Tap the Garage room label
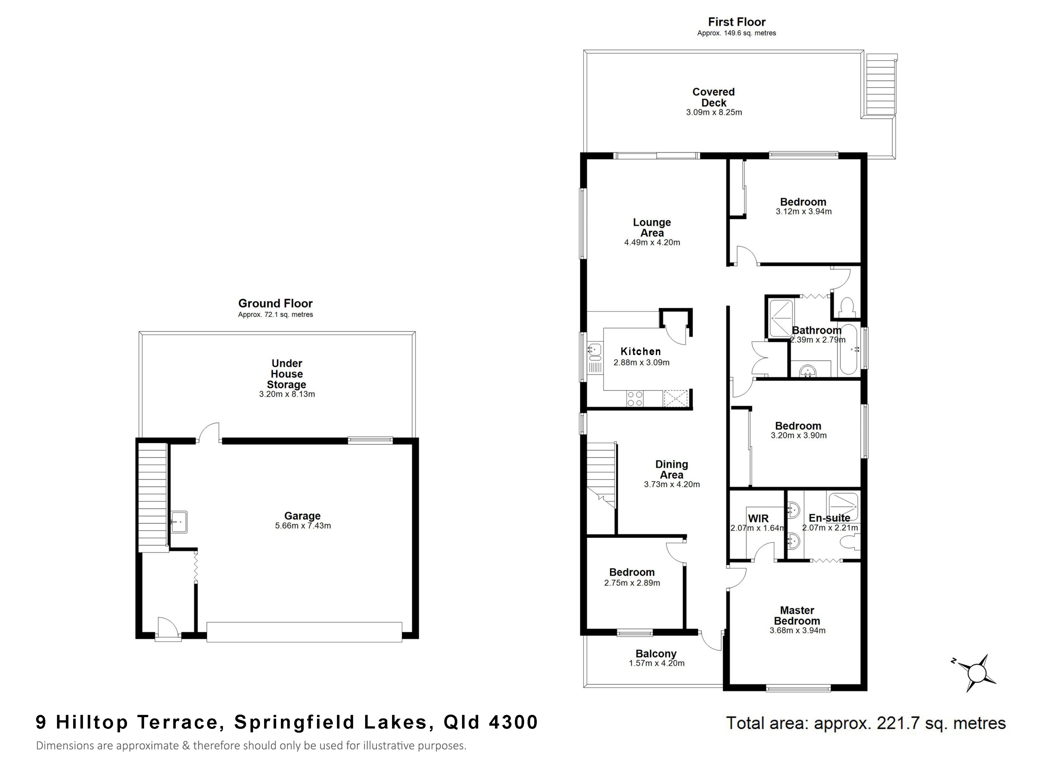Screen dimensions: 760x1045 click(302, 516)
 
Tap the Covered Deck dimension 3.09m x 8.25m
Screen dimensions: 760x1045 click(714, 112)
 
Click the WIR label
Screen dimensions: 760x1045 click(758, 518)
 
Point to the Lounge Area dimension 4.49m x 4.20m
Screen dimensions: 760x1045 click(652, 242)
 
